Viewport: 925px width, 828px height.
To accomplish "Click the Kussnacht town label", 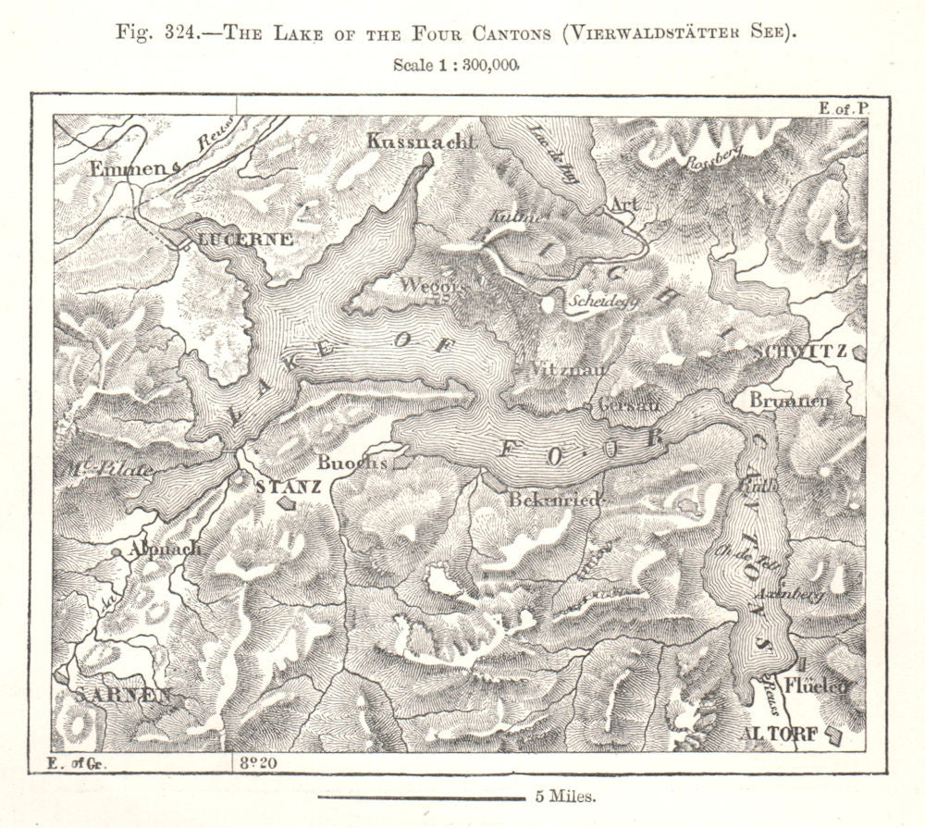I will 421,142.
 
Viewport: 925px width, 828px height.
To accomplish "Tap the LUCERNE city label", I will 247,240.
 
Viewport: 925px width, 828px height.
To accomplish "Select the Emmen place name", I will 129,168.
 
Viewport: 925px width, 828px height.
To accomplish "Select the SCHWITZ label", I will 799,352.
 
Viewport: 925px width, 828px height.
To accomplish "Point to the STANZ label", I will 287,486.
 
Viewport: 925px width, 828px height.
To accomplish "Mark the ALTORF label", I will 780,735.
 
